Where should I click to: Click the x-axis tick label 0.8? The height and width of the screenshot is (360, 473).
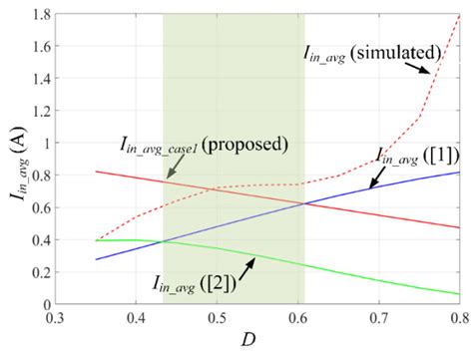pyautogui.click(x=458, y=317)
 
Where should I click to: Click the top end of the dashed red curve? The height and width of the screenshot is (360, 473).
pyautogui.click(x=459, y=16)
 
